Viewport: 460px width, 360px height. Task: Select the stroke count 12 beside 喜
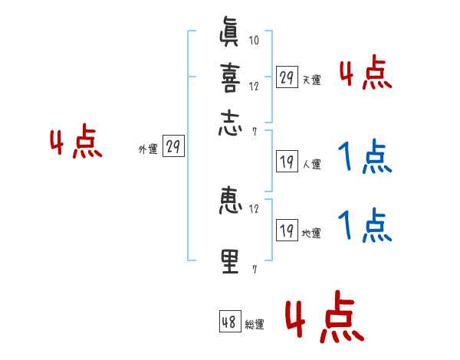click(254, 87)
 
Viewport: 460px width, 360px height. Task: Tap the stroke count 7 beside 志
click(254, 131)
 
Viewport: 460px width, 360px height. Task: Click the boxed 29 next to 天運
click(287, 77)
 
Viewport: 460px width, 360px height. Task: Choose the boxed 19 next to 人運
click(287, 162)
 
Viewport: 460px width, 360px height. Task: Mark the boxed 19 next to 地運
click(287, 231)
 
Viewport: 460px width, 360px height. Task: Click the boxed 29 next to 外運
click(173, 148)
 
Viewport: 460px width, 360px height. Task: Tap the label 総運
click(255, 325)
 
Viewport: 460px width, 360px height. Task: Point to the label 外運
click(148, 150)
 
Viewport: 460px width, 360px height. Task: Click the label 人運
click(312, 164)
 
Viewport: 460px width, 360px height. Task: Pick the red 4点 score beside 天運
click(365, 75)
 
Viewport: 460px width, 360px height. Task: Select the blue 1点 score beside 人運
click(365, 159)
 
